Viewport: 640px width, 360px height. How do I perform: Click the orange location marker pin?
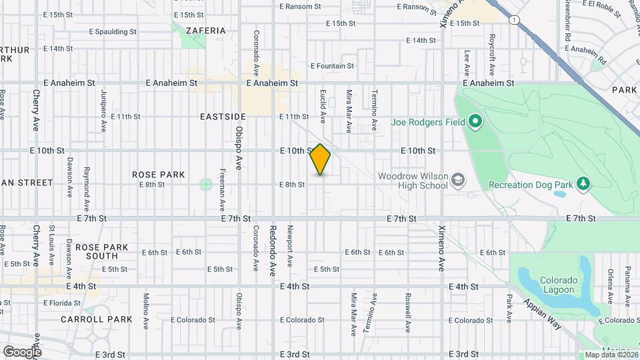[x=321, y=159]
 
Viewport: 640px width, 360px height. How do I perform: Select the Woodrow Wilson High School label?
[x=413, y=181]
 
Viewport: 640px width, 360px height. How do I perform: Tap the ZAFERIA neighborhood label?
[x=206, y=31]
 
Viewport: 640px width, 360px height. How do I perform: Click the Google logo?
[x=22, y=351]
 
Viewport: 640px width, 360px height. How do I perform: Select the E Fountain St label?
[x=332, y=66]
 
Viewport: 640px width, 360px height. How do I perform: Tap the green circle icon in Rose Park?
[x=206, y=184]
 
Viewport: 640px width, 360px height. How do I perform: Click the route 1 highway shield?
[x=514, y=20]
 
